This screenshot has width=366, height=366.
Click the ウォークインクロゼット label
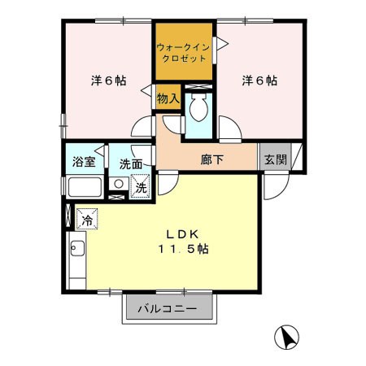coord(184,52)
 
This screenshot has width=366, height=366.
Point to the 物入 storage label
coord(168,98)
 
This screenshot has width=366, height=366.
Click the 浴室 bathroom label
coord(84,162)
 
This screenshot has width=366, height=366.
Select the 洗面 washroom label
coord(130,163)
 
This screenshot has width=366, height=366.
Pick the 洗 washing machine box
coord(140,186)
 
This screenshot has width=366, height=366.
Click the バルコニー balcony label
coord(167,309)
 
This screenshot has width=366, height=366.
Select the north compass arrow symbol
coord(286,335)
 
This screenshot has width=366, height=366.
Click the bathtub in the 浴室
coord(84,187)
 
